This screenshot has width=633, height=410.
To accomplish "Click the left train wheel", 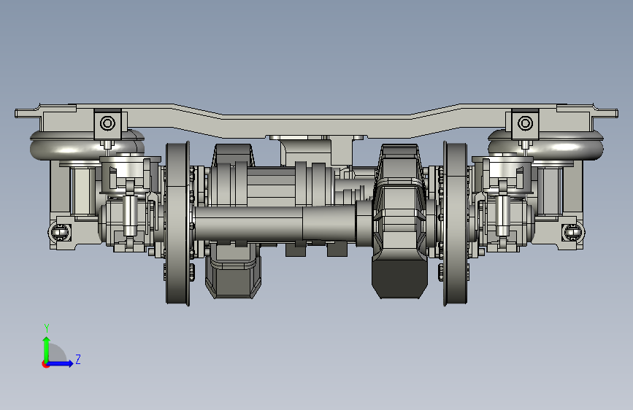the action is click(177, 223).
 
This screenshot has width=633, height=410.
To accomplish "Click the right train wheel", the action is click(456, 223).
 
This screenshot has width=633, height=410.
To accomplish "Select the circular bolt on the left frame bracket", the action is click(107, 123).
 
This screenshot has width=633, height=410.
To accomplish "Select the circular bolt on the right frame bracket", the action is click(525, 123).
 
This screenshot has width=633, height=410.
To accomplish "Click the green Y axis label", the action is click(47, 328).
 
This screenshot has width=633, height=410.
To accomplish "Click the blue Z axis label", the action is click(78, 359).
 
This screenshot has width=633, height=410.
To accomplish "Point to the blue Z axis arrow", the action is click(60, 363).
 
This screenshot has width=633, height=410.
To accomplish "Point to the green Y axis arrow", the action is click(47, 349).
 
